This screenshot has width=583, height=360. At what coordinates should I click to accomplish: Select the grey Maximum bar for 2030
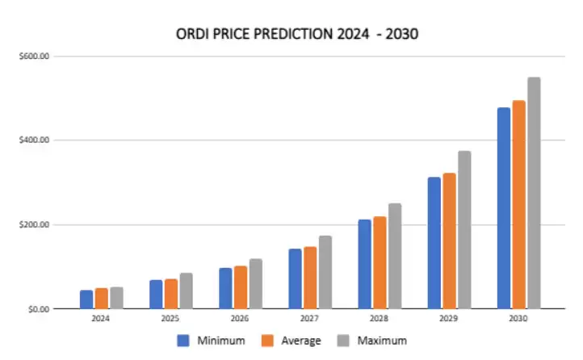533,194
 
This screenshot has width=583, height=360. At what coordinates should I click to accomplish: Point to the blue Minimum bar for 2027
296,278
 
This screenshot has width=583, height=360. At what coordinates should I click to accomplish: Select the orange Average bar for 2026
241,287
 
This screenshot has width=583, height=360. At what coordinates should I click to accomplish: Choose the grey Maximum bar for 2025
186,291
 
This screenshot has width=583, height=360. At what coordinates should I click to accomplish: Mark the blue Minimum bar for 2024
86,299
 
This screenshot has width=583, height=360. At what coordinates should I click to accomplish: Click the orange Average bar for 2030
518,205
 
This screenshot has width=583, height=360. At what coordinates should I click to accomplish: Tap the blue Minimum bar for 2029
434,243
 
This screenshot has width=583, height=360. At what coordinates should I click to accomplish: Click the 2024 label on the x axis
101,320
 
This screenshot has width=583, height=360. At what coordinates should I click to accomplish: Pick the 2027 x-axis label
309,320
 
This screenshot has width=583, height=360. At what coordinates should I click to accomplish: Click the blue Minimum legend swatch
183,341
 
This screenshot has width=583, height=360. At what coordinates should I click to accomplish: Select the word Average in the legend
301,341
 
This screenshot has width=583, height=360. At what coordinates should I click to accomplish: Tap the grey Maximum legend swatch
346,341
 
